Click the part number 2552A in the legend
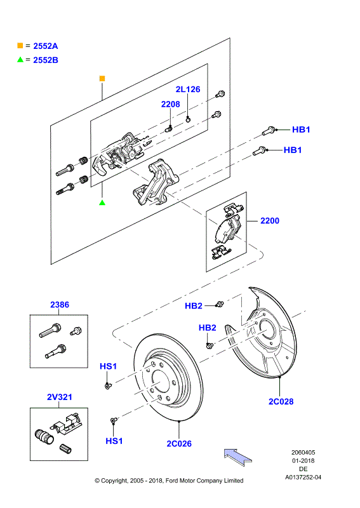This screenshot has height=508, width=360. pyautogui.click(x=45, y=46)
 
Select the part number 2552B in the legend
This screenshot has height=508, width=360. pyautogui.click(x=45, y=60)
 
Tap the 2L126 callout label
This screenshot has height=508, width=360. pyautogui.click(x=188, y=89)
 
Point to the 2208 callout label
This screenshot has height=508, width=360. pyautogui.click(x=170, y=104)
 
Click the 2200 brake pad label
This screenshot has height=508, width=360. pyautogui.click(x=270, y=220)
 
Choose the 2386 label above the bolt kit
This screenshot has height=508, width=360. pyautogui.click(x=60, y=305)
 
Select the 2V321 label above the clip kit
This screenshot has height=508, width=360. pyautogui.click(x=60, y=397)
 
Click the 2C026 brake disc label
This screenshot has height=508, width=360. pyautogui.click(x=179, y=443)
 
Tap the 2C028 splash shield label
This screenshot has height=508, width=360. pyautogui.click(x=281, y=401)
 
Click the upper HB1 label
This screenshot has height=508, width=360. pyautogui.click(x=301, y=130)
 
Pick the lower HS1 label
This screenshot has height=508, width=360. pyautogui.click(x=114, y=441)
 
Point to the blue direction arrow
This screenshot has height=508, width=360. pyautogui.click(x=238, y=457)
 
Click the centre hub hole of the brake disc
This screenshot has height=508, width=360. pyautogui.click(x=160, y=384)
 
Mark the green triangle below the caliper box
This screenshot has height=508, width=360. pyautogui.click(x=102, y=203)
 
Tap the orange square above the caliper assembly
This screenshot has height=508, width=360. pyautogui.click(x=102, y=78)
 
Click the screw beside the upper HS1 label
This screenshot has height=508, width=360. pyautogui.click(x=108, y=385)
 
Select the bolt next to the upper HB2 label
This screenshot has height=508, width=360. pyautogui.click(x=220, y=304)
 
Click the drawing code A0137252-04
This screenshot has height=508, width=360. pyautogui.click(x=303, y=478)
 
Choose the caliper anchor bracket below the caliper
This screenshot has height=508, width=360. pyautogui.click(x=156, y=182)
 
